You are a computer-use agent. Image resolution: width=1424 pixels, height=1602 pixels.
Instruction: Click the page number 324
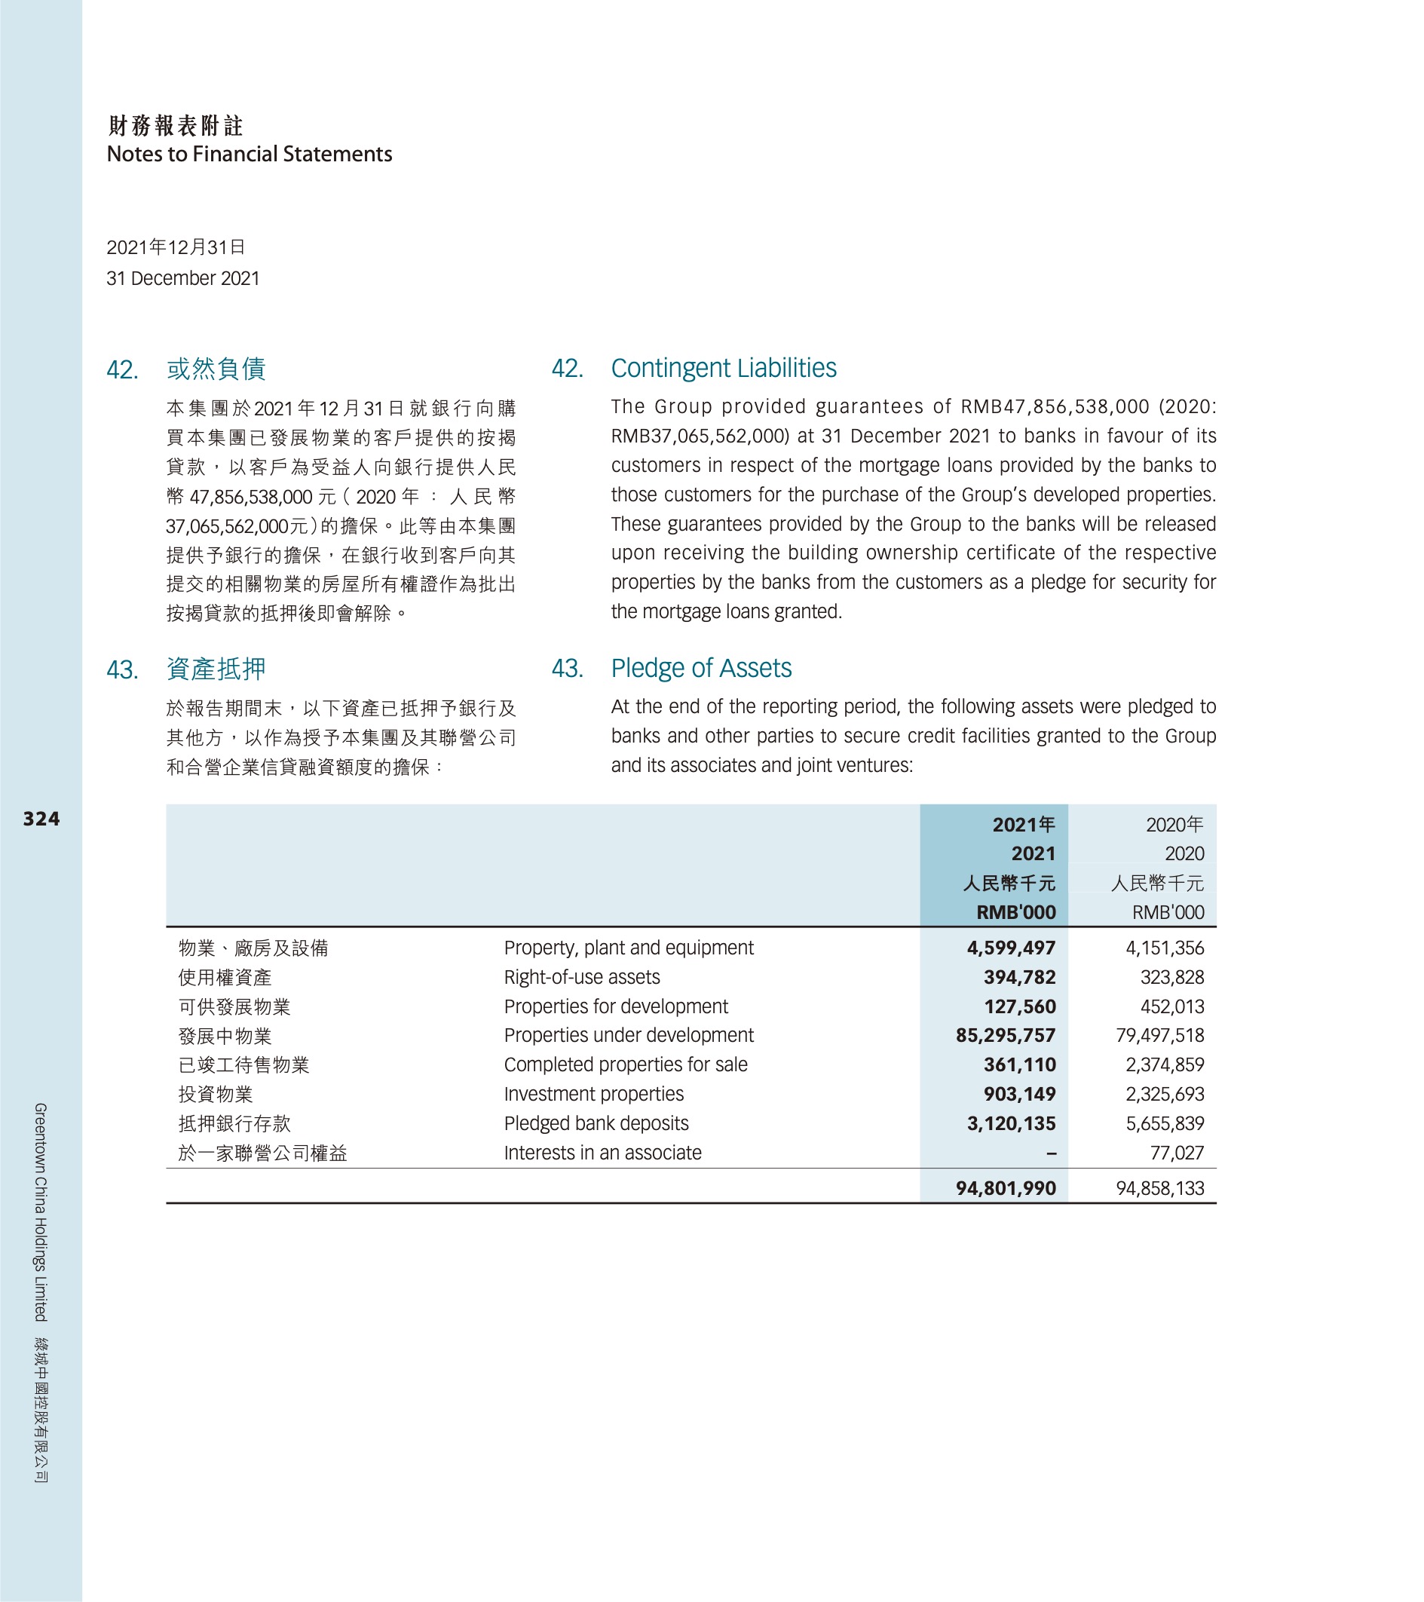[x=41, y=819]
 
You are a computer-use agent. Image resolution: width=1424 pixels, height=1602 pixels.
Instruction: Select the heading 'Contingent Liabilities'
[x=724, y=369]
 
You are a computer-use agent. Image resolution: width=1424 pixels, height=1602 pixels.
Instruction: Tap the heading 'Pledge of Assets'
[x=700, y=669]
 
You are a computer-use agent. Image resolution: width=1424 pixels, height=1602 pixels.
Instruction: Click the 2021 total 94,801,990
[x=1006, y=1188]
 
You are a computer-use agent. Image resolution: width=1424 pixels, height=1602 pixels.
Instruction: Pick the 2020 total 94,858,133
[x=1160, y=1188]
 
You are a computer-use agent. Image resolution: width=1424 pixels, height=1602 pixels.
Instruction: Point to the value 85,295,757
[x=1006, y=1035]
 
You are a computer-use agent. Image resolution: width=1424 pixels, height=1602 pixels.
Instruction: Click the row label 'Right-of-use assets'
[x=581, y=977]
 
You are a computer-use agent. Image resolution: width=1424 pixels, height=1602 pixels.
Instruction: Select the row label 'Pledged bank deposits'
[x=596, y=1123]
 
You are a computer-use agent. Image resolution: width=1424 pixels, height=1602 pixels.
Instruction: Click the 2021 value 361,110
[x=1020, y=1065]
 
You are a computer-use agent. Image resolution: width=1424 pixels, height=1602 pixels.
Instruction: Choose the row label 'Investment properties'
[x=593, y=1094]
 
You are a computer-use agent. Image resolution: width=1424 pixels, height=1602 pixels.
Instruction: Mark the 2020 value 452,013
[x=1171, y=1006]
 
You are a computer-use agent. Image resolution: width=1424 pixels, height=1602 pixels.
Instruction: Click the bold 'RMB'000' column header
[x=1015, y=912]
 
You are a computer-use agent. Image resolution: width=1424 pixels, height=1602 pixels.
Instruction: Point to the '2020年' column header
[x=1174, y=825]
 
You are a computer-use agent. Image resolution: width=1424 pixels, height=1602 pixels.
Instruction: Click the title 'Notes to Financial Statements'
[x=250, y=155]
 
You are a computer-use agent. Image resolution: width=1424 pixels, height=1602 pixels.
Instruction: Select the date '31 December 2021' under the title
[x=182, y=279]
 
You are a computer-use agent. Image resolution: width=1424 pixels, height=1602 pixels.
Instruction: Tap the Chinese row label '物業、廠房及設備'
[x=253, y=948]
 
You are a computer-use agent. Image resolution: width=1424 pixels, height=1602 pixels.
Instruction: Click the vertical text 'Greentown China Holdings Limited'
[x=41, y=1211]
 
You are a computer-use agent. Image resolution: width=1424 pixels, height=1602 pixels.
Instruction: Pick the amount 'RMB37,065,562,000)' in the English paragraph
[x=700, y=436]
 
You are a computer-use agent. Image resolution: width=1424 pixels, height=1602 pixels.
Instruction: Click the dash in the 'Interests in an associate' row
[x=1051, y=1153]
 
